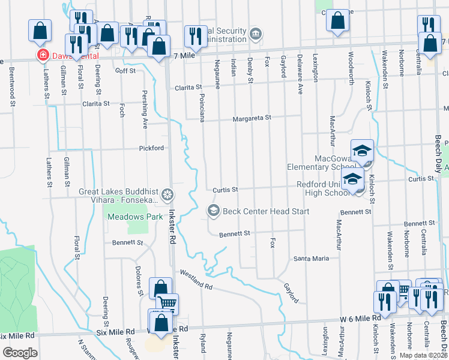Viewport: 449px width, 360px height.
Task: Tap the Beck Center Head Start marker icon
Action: point(213,211)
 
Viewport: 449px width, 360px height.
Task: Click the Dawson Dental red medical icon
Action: point(43,56)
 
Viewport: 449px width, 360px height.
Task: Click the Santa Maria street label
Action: point(311,259)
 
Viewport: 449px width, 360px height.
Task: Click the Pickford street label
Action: point(151,148)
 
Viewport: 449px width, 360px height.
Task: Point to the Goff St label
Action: point(126,71)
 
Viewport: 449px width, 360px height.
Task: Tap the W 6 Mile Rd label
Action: point(361,317)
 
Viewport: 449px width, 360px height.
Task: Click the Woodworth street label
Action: point(350,67)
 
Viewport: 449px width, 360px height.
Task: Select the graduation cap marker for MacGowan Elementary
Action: point(362,151)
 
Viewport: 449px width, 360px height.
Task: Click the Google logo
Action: point(20,352)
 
